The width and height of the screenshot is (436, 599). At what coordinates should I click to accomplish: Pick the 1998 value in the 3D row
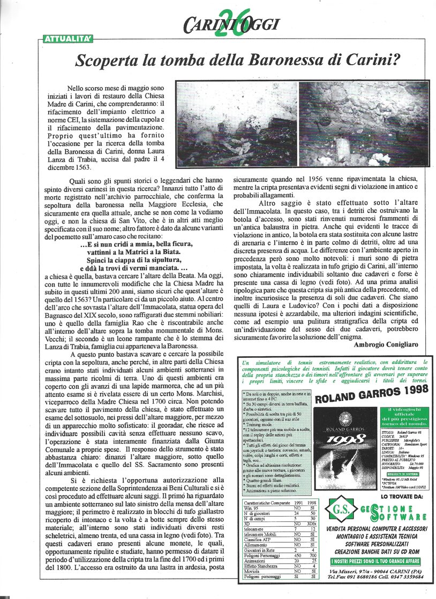[x=311, y=523]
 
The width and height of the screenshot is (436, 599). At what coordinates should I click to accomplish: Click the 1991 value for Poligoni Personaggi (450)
[x=292, y=556]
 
